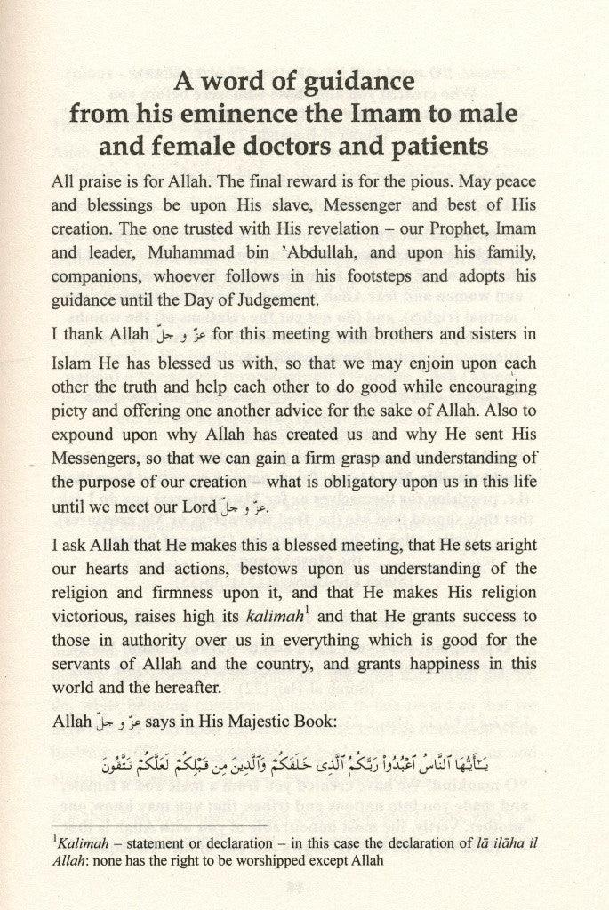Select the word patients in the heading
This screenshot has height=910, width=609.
coord(440,145)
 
